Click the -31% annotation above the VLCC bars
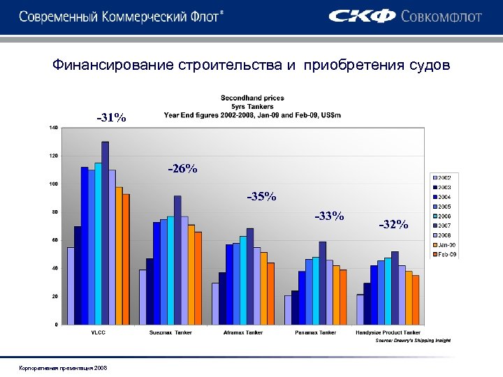pyautogui.click(x=111, y=118)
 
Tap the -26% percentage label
pyautogui.click(x=182, y=169)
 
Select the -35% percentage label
pyautogui.click(x=261, y=196)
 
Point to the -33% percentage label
pyautogui.click(x=329, y=216)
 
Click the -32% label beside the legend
pyautogui.click(x=393, y=224)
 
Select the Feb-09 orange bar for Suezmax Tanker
pyautogui.click(x=198, y=277)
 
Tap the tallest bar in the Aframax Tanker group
pyautogui.click(x=250, y=276)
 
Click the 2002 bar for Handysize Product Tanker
pyautogui.click(x=360, y=309)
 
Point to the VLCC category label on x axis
pyautogui.click(x=99, y=332)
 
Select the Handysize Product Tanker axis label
pyautogui.click(x=388, y=332)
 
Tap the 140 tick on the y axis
pyautogui.click(x=53, y=128)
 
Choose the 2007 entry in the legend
pyautogui.click(x=444, y=226)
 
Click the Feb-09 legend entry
pyautogui.click(x=444, y=255)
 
